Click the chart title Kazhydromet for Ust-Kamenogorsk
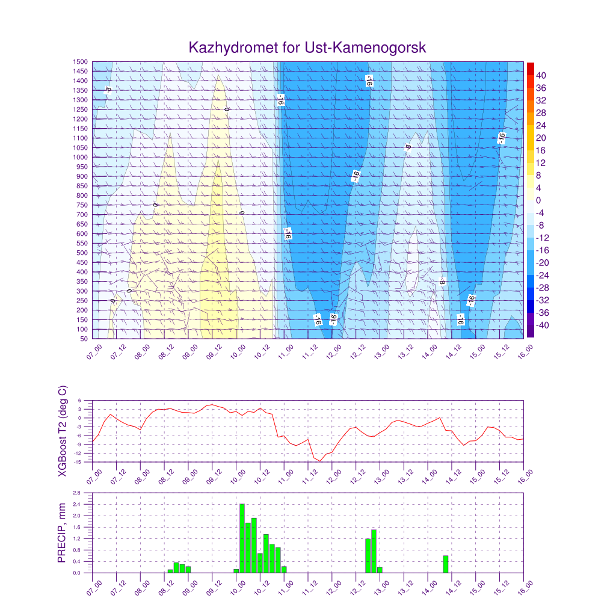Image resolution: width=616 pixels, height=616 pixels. pyautogui.click(x=307, y=48)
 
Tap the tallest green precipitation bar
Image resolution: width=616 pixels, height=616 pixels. pyautogui.click(x=242, y=538)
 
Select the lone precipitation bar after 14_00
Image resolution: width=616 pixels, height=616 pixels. pyautogui.click(x=446, y=564)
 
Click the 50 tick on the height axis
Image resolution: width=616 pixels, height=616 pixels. pyautogui.click(x=84, y=339)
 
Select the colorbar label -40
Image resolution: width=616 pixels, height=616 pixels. pyautogui.click(x=543, y=325)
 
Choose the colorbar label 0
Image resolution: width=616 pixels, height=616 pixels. pyautogui.click(x=538, y=200)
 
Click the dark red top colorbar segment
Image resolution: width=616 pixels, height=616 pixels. pyautogui.click(x=530, y=68)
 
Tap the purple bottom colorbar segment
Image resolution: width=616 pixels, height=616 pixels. pyautogui.click(x=530, y=331)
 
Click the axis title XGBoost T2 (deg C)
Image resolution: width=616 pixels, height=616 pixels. pyautogui.click(x=62, y=431)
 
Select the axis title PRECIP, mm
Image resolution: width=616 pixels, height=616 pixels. pyautogui.click(x=61, y=532)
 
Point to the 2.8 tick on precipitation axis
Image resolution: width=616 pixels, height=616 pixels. pyautogui.click(x=77, y=493)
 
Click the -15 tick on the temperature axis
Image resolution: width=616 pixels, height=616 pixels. pyautogui.click(x=78, y=462)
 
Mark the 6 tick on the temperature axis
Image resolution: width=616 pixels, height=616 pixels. pyautogui.click(x=80, y=401)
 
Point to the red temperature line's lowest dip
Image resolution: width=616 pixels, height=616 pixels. pyautogui.click(x=321, y=461)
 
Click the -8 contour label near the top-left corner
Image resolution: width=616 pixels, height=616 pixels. pyautogui.click(x=108, y=90)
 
